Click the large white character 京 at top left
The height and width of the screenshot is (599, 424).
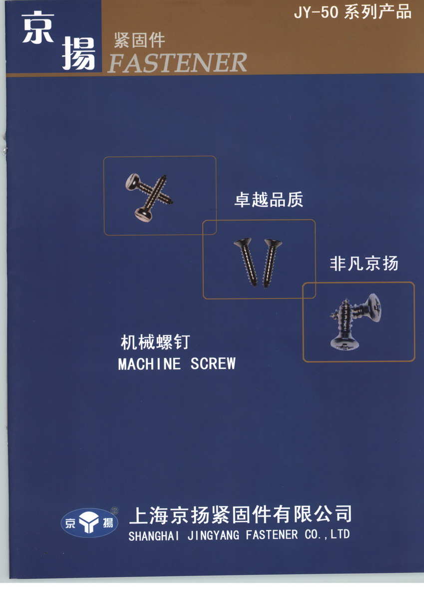click(38, 27)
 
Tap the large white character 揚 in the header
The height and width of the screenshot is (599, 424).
click(79, 53)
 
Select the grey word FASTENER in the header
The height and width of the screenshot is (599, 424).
click(177, 62)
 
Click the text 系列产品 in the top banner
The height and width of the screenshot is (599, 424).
click(378, 12)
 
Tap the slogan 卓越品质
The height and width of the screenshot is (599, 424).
click(269, 200)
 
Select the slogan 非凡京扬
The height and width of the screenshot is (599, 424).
click(364, 264)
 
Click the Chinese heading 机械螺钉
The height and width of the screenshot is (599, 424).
click(155, 342)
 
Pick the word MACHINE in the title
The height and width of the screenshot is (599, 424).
click(149, 364)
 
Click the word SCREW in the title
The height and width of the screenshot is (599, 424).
click(213, 363)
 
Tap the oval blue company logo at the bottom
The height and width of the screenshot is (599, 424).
click(89, 523)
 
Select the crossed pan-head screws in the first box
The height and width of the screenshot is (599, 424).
click(149, 198)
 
